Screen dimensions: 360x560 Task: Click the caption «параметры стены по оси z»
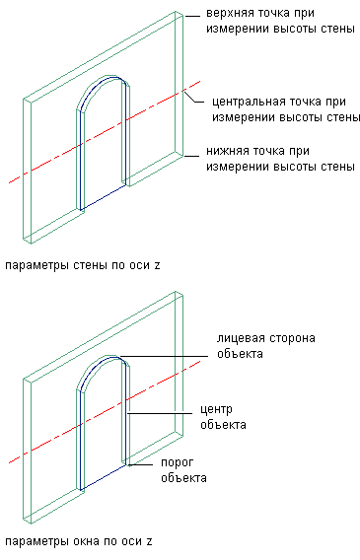[83, 266]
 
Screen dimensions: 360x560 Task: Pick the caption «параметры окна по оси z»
[79, 541]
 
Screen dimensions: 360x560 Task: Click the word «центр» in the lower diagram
[216, 409]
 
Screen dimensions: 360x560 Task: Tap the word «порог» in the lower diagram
[178, 462]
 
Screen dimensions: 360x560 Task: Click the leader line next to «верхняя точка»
[191, 16]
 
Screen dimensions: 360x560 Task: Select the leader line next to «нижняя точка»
[191, 156]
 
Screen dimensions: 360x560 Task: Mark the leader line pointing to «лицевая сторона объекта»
[165, 356]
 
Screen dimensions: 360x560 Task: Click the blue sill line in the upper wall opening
[104, 197]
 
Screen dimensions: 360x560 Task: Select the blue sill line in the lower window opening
[104, 477]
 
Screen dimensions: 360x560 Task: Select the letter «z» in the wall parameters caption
[157, 266]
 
